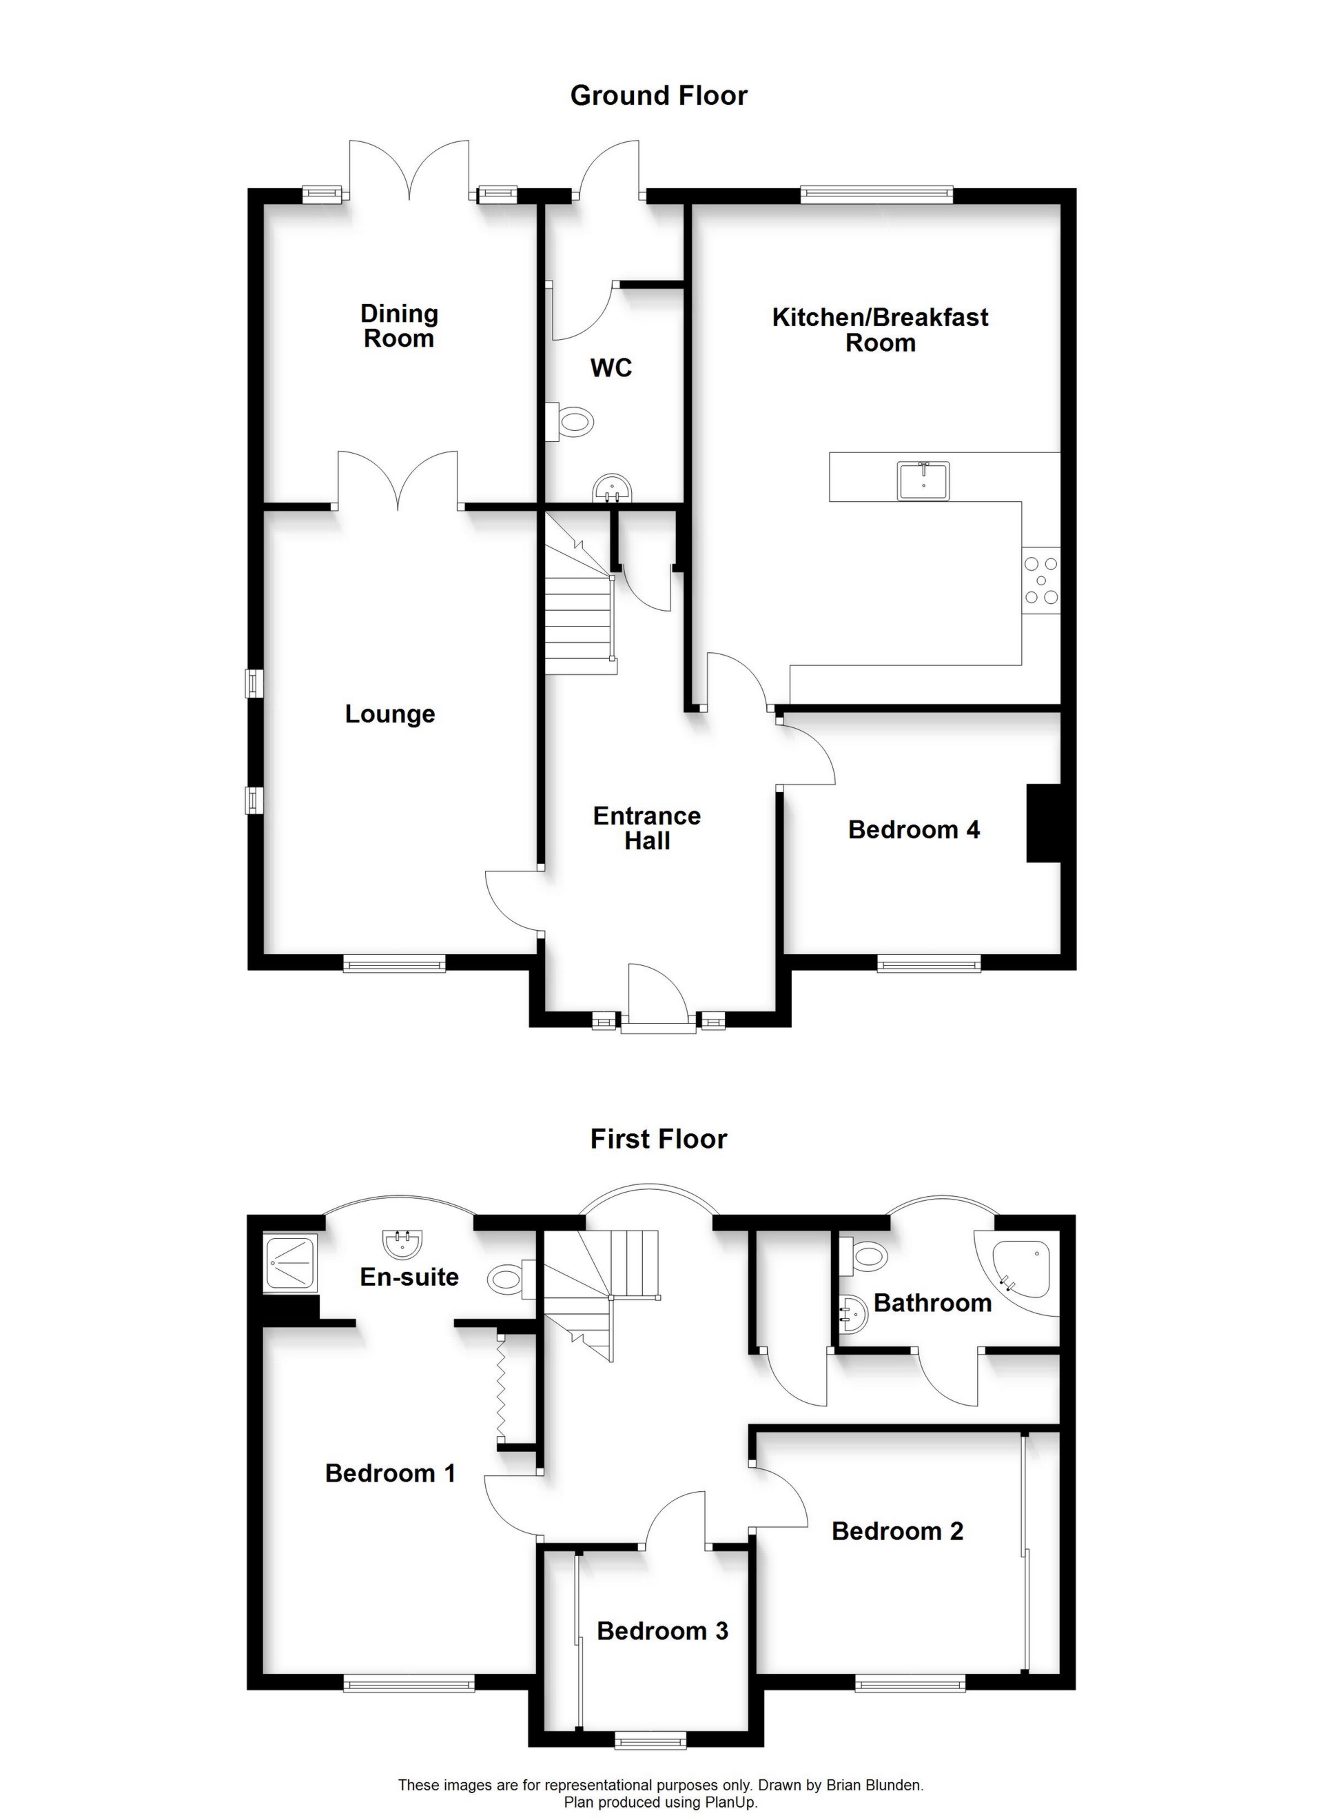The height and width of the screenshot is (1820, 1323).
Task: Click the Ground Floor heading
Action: [659, 96]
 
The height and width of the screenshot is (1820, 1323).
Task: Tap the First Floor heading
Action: [659, 1139]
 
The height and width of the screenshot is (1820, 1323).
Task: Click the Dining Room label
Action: [399, 326]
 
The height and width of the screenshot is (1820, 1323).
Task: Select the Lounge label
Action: [390, 714]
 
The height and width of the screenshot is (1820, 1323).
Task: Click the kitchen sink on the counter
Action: [923, 480]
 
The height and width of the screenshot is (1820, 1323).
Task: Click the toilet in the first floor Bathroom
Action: [863, 1254]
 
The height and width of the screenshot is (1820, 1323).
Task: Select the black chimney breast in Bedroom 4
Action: [1044, 823]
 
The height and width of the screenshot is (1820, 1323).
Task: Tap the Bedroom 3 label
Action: [663, 1630]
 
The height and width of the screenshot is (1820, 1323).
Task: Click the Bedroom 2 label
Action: [897, 1531]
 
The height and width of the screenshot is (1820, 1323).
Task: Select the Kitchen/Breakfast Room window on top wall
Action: [876, 194]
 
